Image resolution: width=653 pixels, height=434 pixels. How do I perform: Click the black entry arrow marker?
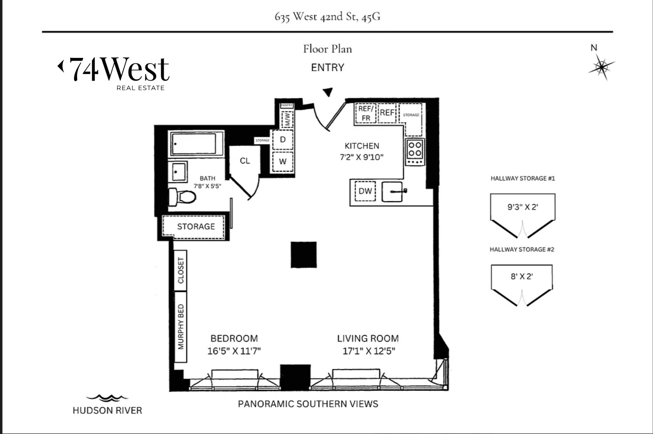(x=328, y=92)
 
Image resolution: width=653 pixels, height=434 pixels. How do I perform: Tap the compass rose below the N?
(x=602, y=67)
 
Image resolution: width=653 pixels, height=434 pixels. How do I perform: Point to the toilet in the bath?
(x=182, y=197)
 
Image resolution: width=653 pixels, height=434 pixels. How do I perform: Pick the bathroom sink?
(x=178, y=172)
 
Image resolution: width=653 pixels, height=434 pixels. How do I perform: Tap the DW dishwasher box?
(x=365, y=191)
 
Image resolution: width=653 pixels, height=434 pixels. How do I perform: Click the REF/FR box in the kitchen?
(x=366, y=113)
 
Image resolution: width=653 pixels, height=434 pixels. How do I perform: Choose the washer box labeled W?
(x=283, y=161)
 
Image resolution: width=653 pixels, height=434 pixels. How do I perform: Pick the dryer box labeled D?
(x=283, y=140)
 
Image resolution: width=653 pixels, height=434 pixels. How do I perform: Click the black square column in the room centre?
(x=303, y=255)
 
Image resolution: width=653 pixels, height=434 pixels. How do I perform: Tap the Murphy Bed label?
(x=181, y=326)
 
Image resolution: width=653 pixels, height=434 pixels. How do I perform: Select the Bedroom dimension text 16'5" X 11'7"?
(x=234, y=351)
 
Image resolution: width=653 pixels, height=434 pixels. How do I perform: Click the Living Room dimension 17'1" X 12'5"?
(x=368, y=351)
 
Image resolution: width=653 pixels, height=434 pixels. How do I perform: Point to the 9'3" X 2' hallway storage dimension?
(x=522, y=207)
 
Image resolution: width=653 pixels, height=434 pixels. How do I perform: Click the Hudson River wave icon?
(x=107, y=398)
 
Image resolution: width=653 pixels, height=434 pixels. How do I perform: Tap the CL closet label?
(x=245, y=161)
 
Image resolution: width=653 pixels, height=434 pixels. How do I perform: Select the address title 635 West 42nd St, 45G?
(x=327, y=17)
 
